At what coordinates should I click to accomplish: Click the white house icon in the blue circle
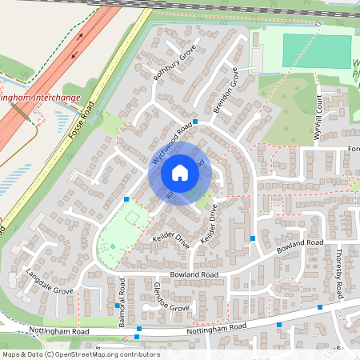tap(180, 173)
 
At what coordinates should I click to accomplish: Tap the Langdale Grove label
tap(49, 281)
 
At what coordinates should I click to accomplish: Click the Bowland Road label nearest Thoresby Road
tap(300, 242)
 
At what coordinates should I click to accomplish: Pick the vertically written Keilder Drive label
tap(209, 228)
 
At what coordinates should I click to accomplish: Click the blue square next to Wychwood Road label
tap(195, 121)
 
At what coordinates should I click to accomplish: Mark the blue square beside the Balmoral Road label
tap(118, 305)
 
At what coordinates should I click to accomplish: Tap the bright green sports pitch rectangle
tap(315, 51)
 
